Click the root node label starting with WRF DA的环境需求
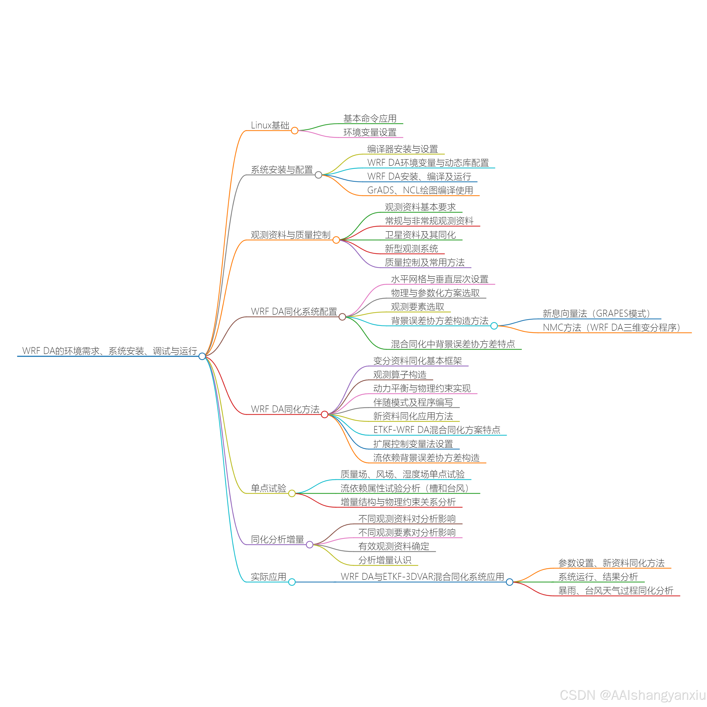tap(110, 351)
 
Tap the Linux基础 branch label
tap(270, 125)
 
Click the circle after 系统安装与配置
tap(318, 175)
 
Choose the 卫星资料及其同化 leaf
tap(420, 235)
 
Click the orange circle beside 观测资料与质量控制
tap(336, 240)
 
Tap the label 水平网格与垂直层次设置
tap(440, 279)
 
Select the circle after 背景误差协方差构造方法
tap(494, 326)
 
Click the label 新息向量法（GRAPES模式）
tap(597, 314)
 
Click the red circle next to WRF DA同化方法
tap(324, 415)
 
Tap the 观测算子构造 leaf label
tap(400, 375)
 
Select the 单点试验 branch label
tap(269, 488)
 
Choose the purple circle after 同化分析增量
tap(309, 545)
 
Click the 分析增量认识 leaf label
tap(384, 560)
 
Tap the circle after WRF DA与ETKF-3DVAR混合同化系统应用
tap(509, 582)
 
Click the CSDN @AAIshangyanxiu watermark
tap(632, 694)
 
